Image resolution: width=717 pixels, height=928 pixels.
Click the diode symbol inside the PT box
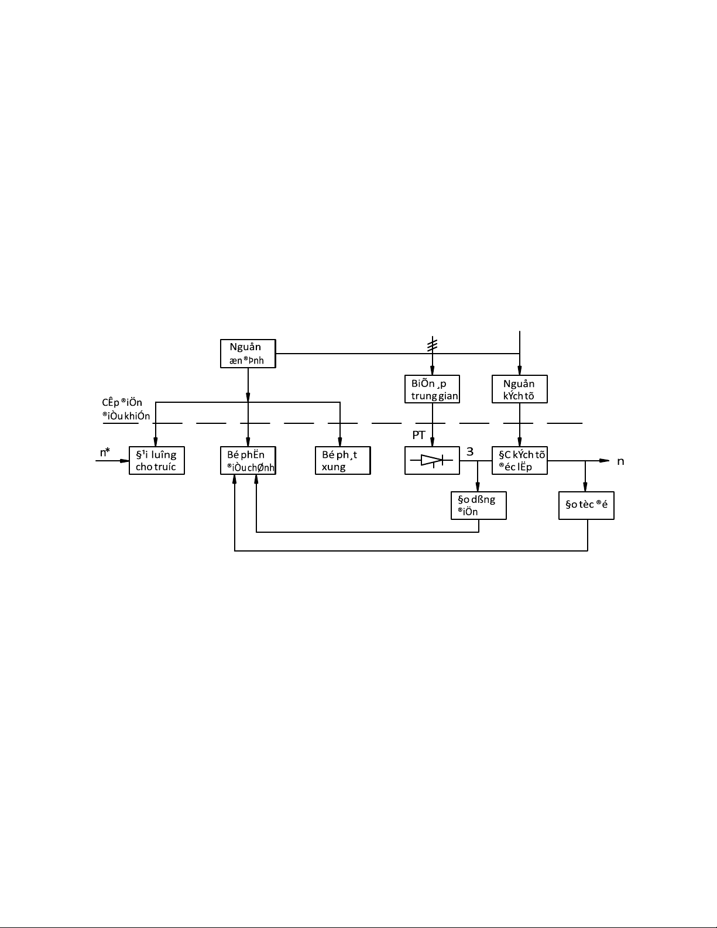tap(431, 460)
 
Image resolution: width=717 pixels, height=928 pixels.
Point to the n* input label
tap(105, 452)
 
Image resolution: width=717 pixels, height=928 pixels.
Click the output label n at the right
tap(620, 461)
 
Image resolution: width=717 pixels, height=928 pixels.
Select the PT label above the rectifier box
tap(418, 435)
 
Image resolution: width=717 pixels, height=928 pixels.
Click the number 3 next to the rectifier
tap(470, 451)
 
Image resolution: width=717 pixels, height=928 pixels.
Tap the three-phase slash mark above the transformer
tap(433, 345)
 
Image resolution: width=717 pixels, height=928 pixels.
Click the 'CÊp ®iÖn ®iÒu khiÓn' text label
tap(126, 409)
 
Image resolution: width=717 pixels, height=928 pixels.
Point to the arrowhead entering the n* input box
tap(125, 461)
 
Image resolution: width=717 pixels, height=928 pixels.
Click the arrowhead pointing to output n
tap(604, 460)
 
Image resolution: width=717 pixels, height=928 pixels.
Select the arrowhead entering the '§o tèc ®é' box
tap(585, 487)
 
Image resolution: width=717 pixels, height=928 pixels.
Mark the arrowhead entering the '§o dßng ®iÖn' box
tap(478, 487)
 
